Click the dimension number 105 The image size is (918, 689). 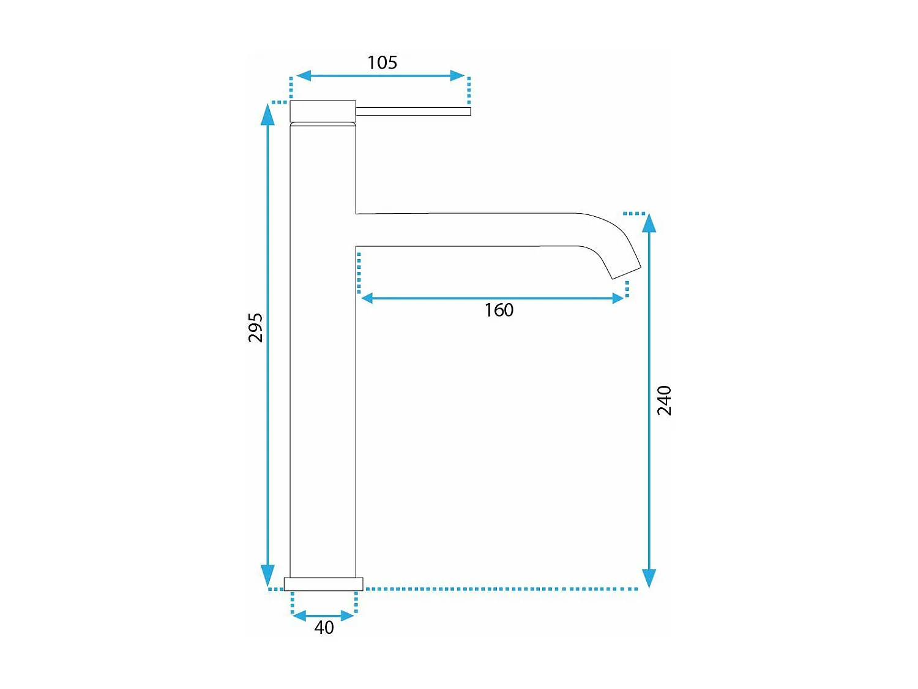pos(382,62)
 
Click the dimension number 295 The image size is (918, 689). pos(255,328)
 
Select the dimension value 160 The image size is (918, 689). pos(499,310)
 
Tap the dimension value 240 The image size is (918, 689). pos(664,401)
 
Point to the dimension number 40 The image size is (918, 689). pos(324,628)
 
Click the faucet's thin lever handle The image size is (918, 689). pos(413,111)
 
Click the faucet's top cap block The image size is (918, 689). pos(323,111)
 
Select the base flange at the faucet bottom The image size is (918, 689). pos(323,584)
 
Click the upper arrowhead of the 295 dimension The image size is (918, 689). pos(267,115)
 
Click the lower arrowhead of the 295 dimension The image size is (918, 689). pos(267,576)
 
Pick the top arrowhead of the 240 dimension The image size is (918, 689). pos(649,223)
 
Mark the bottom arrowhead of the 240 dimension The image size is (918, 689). pos(649,578)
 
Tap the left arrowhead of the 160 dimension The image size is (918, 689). pos(367,298)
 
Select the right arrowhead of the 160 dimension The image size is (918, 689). pos(618,298)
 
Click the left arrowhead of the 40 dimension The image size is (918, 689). pos(299,616)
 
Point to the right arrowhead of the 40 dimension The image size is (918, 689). pos(347,616)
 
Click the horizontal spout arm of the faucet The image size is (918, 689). pos(465,230)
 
